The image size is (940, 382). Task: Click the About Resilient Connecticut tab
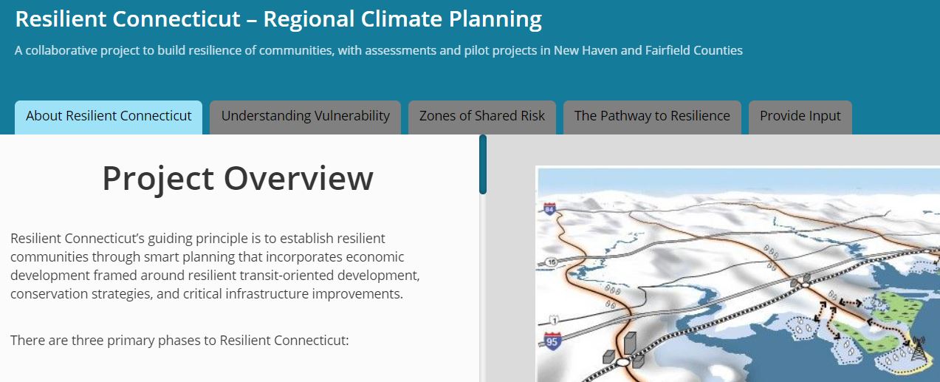(x=109, y=116)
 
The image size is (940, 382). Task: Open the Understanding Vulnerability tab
(x=305, y=116)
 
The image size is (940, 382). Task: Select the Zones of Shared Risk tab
(x=482, y=116)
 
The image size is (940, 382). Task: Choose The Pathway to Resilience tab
(x=652, y=116)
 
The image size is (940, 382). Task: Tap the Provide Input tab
(x=800, y=116)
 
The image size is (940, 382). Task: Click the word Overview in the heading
(x=298, y=178)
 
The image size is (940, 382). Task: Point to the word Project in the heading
(x=157, y=178)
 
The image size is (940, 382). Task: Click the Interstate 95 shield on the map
(x=552, y=341)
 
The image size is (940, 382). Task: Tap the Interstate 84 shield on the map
(x=549, y=209)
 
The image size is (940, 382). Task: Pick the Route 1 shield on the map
(x=553, y=319)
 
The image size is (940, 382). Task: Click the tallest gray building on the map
(x=630, y=344)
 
